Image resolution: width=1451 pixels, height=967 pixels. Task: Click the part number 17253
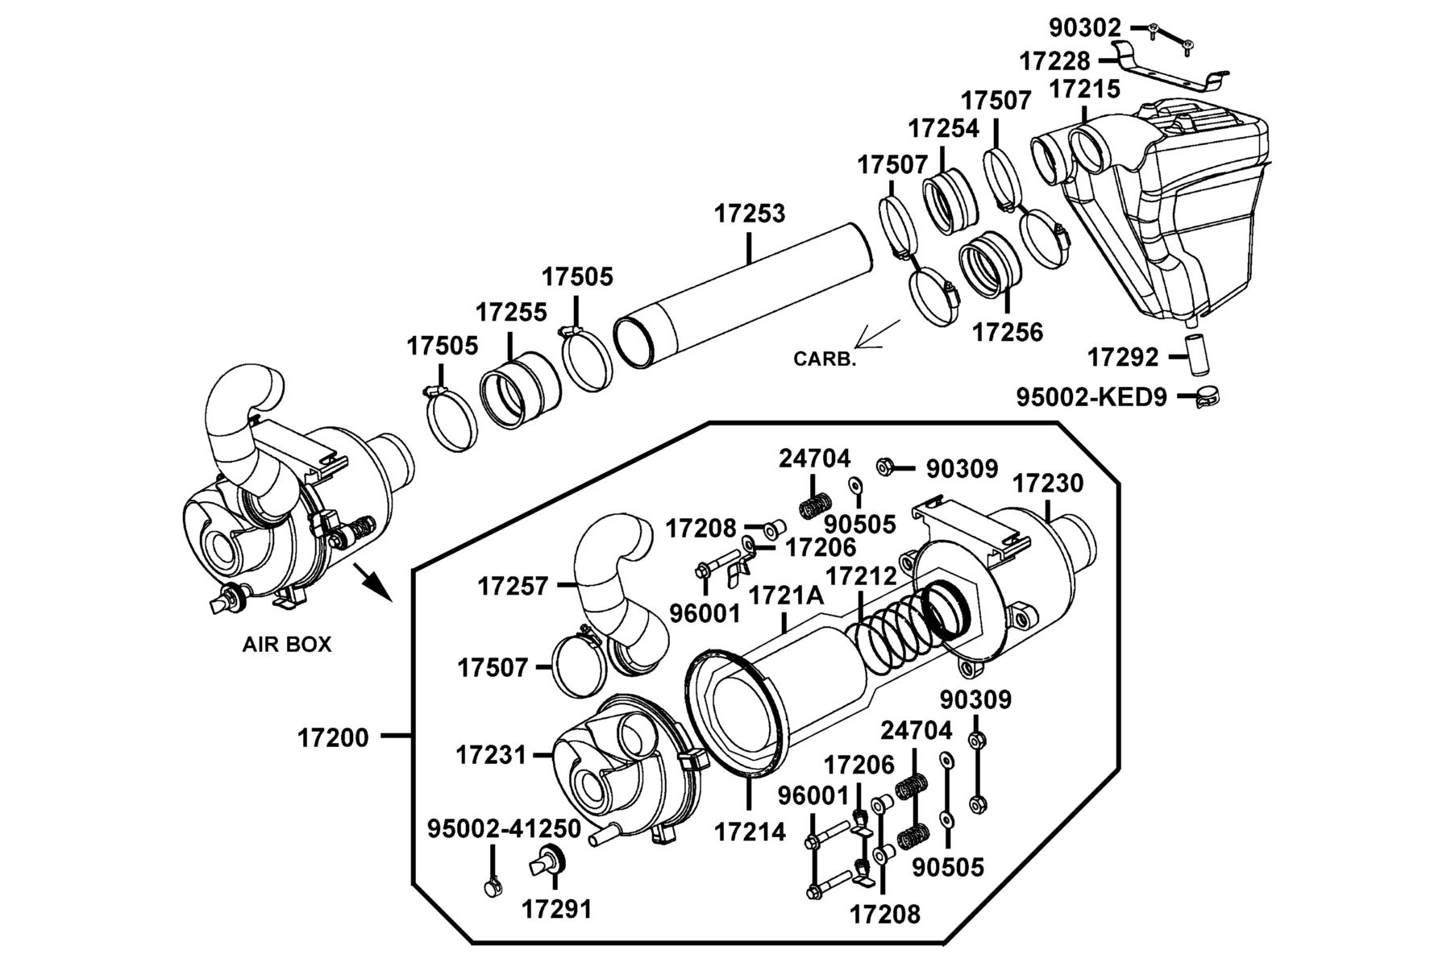click(749, 214)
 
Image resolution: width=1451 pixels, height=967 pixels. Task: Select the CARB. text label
click(825, 359)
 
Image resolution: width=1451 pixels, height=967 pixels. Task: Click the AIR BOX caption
click(287, 645)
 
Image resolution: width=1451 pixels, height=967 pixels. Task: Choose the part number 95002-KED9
click(1091, 397)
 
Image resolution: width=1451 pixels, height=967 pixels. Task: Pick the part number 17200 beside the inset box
click(333, 737)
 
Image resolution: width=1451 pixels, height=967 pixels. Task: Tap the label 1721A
click(786, 596)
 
